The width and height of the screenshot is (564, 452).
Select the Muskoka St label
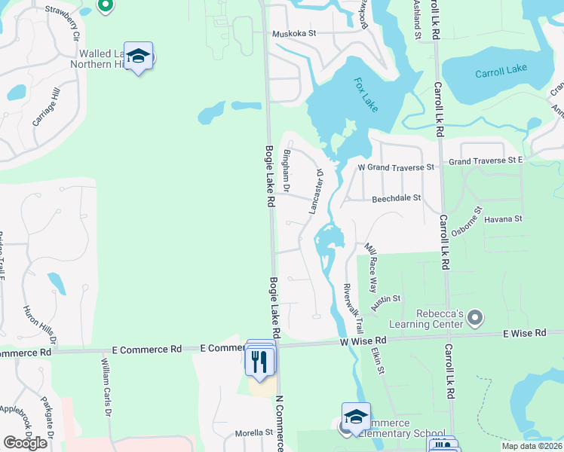click(293, 34)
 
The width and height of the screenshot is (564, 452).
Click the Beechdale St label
click(396, 199)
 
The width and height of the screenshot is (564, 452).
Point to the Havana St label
click(503, 218)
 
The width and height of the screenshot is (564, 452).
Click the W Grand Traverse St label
click(397, 166)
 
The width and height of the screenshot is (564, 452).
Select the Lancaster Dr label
click(316, 191)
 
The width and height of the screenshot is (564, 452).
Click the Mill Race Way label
click(371, 268)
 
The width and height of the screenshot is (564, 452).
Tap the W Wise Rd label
click(364, 341)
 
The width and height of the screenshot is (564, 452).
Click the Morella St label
click(253, 432)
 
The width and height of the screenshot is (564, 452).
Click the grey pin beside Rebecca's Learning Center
click(474, 318)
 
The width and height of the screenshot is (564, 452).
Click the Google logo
click(25, 443)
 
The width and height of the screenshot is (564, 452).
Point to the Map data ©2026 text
click(532, 446)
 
